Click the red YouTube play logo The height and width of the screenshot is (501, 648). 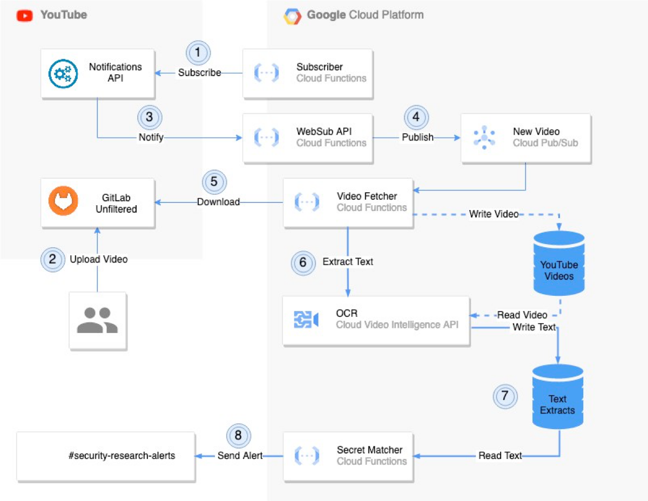click(24, 16)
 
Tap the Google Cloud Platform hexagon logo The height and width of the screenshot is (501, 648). click(292, 16)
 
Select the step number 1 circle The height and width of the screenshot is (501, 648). click(198, 53)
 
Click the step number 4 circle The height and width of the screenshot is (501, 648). click(416, 117)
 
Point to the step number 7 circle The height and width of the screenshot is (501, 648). click(505, 396)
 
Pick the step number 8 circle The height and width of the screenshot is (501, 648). click(238, 436)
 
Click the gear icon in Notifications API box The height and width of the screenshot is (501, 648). click(63, 73)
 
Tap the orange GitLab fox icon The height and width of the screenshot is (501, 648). click(63, 201)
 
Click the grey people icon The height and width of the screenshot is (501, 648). click(97, 320)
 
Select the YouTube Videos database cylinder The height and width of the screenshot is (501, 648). click(559, 263)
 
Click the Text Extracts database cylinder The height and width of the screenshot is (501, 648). click(558, 396)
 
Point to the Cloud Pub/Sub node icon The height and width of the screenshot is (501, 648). click(484, 137)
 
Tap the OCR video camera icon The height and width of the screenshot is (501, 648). click(306, 319)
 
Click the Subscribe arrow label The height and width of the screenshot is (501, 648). click(199, 72)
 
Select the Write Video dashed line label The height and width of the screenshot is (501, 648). click(494, 214)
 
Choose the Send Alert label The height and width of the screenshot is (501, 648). click(240, 456)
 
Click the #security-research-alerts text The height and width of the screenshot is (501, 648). click(122, 456)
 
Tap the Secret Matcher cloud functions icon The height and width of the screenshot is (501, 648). click(307, 456)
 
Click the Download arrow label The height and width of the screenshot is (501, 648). click(218, 202)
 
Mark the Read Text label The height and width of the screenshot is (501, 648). click(500, 456)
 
